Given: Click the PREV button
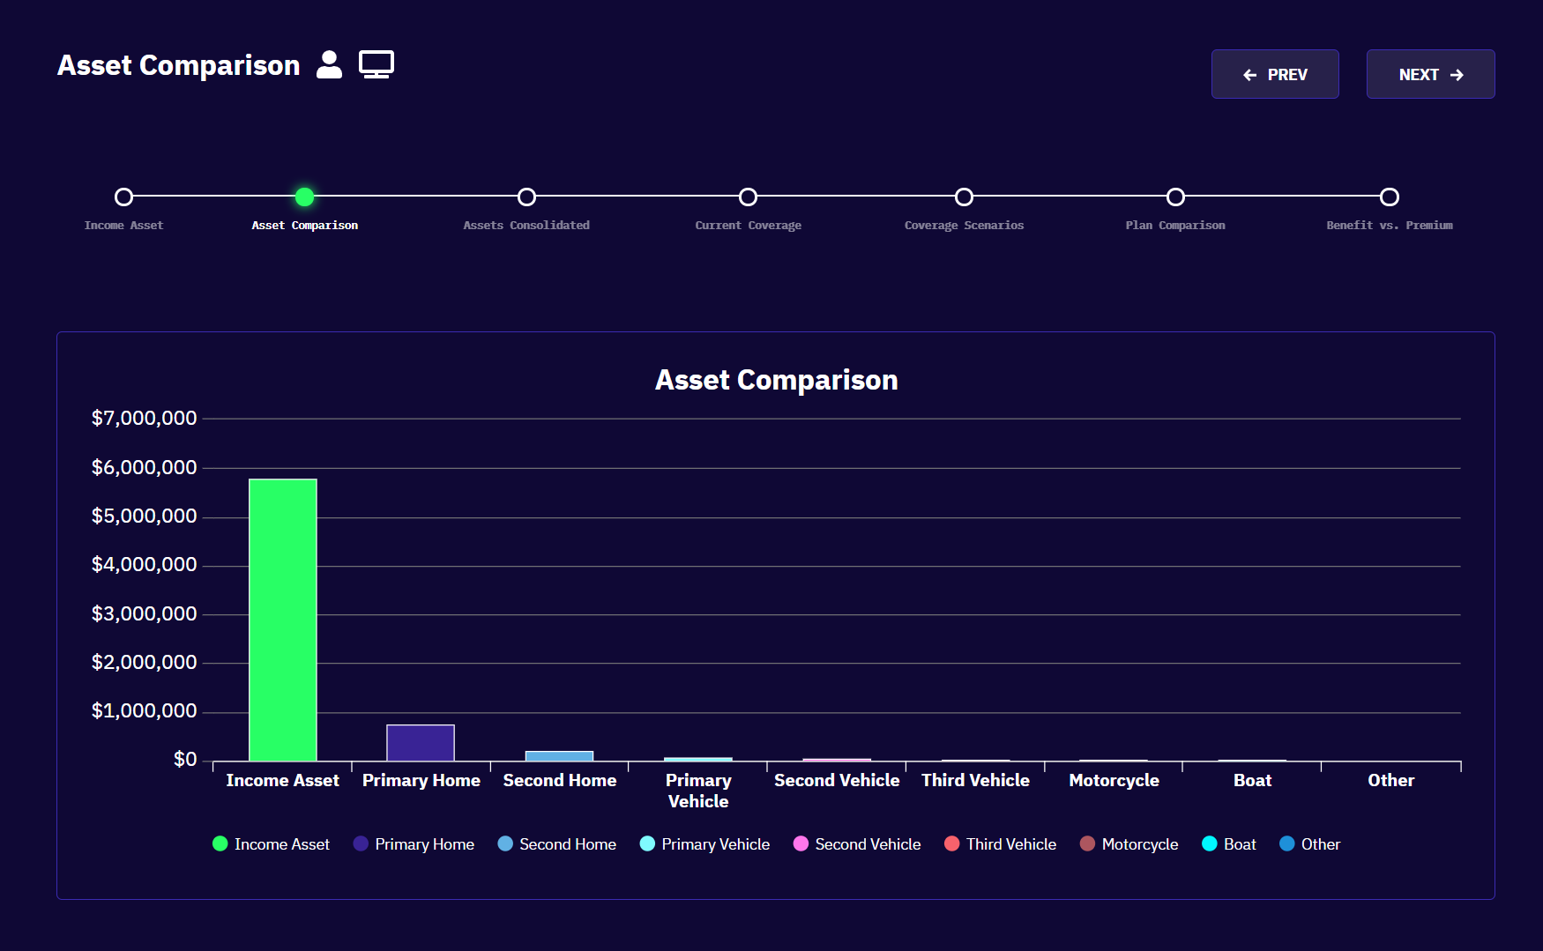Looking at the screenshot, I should coord(1275,75).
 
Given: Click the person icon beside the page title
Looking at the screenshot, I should coord(329,65).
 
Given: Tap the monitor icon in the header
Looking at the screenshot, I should coord(376,65).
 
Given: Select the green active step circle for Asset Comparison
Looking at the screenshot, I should coord(304,197).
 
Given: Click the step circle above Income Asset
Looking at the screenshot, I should coord(124,197).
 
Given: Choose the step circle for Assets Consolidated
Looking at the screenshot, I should coord(526,197).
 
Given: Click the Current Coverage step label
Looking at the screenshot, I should coord(748,226).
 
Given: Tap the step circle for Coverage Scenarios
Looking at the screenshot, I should coord(964,197).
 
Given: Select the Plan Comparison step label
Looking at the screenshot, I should coord(1174,226).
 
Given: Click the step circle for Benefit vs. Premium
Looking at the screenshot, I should coord(1389,197).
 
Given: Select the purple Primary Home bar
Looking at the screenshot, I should coord(421,743).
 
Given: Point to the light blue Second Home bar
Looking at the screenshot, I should coord(559,756).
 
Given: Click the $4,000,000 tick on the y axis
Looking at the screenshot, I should coord(145,565).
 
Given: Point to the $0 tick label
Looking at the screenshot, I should coord(185,760).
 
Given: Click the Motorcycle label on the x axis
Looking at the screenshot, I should coord(1114,781).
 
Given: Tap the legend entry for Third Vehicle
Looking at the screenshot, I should coord(1001,844).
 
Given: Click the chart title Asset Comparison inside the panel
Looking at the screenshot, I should coord(776,380).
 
